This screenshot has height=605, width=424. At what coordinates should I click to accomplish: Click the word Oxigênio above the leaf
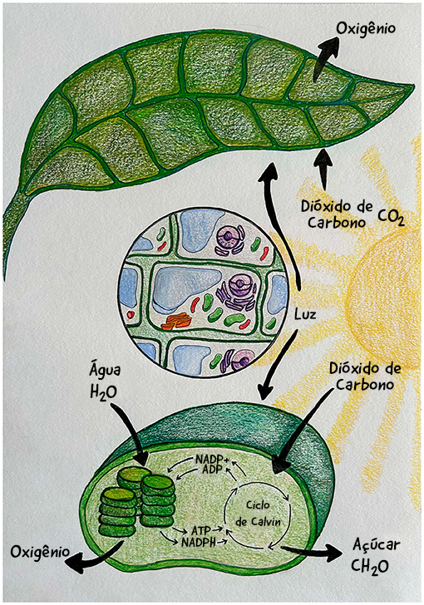point(366,29)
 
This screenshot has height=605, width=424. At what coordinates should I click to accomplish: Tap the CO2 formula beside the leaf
point(391,218)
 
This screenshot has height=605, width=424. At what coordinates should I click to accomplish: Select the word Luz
point(305,314)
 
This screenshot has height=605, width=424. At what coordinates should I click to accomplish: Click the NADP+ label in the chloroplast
point(212,460)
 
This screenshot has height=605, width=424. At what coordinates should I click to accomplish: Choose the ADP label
point(212,470)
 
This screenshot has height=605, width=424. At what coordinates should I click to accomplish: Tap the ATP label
point(201,529)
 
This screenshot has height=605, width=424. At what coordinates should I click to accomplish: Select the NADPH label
point(199,541)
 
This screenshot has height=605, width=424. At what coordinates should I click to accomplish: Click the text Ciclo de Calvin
point(258,514)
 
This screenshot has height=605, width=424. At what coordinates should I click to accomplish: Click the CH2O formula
point(370,566)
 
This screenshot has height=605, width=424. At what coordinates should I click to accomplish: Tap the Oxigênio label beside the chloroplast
point(40,552)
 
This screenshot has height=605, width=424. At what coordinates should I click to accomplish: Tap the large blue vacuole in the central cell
point(185,288)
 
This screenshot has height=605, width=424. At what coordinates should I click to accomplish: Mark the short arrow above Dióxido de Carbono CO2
point(323,170)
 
